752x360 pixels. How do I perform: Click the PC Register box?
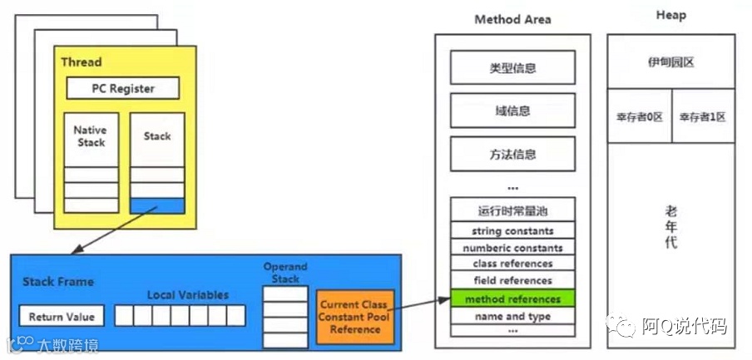[122, 88]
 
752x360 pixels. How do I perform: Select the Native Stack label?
[91, 136]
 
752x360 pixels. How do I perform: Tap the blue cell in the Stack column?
[156, 205]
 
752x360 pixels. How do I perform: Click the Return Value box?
[62, 317]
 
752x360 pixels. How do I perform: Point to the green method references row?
[512, 298]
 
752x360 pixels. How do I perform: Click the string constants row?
[512, 230]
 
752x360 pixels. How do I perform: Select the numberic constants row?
[512, 248]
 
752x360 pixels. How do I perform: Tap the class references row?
[512, 264]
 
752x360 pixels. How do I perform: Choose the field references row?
[512, 281]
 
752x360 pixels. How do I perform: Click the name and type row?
[512, 316]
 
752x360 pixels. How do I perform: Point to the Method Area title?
[512, 19]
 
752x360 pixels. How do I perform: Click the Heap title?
[670, 16]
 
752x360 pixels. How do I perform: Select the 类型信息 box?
[512, 67]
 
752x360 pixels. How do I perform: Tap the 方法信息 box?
[512, 154]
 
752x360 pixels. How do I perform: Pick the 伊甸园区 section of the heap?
[670, 62]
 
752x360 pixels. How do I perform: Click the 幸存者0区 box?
[639, 116]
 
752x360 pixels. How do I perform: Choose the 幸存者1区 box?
[703, 116]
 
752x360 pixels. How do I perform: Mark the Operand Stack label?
[285, 273]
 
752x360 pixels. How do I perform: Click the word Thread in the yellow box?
[82, 62]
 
